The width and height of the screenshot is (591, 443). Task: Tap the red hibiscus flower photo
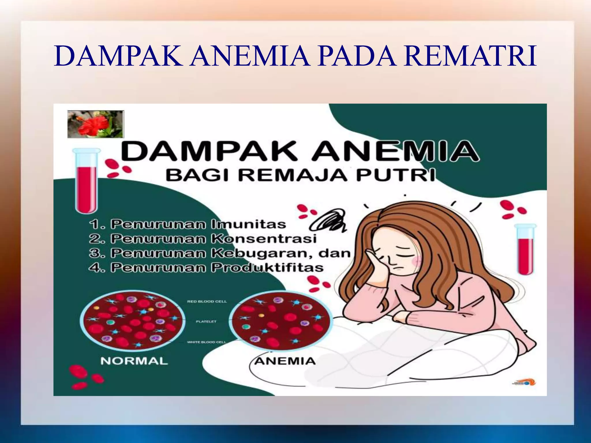(96, 124)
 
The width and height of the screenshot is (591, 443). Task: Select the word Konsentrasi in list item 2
(264, 239)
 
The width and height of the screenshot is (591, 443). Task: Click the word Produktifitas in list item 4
(267, 268)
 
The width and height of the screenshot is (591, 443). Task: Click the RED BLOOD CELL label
(207, 301)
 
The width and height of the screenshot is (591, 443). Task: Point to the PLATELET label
(206, 322)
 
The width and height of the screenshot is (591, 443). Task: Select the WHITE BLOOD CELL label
(206, 342)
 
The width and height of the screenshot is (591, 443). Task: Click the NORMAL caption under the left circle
(134, 361)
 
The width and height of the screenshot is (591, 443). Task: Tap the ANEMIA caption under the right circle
(285, 361)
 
